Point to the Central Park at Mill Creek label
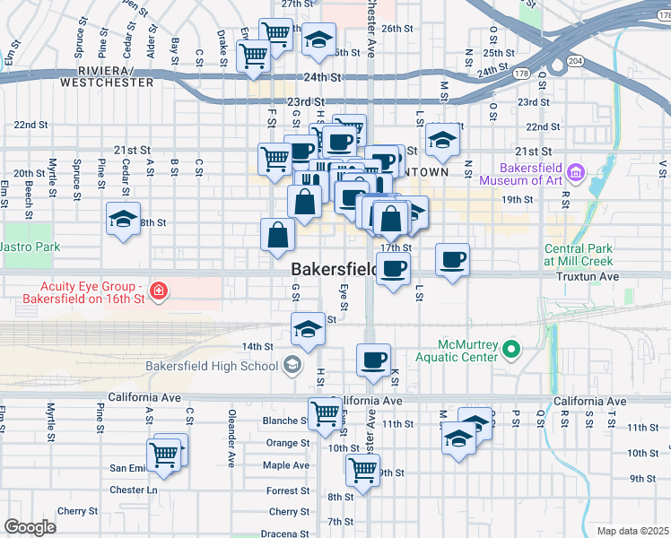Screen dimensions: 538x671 (x=581, y=255)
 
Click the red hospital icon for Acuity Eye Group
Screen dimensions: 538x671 (x=159, y=291)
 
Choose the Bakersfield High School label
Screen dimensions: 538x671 (x=212, y=366)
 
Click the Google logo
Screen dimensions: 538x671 (x=30, y=527)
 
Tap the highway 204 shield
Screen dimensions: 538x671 (x=575, y=61)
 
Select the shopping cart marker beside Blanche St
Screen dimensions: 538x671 (x=325, y=414)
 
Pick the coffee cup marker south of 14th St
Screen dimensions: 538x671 (x=373, y=360)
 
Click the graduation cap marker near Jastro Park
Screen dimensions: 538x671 (x=123, y=219)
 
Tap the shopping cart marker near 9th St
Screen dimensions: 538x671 (x=362, y=469)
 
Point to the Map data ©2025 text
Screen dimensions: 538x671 (x=632, y=531)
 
